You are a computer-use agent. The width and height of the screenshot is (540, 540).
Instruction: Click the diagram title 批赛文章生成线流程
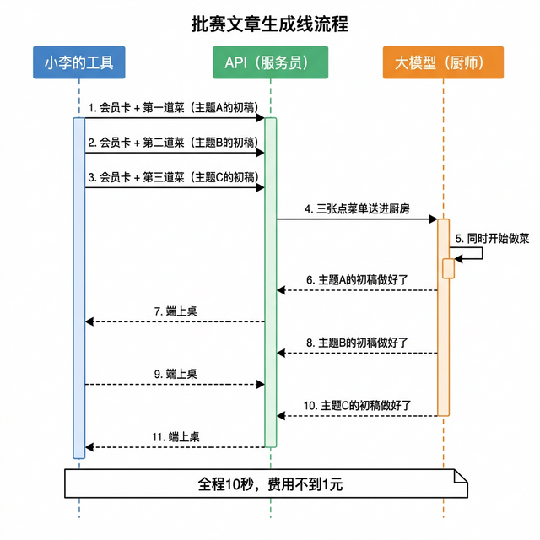pos(270,24)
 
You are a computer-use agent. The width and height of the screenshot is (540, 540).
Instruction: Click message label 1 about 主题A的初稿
pos(173,107)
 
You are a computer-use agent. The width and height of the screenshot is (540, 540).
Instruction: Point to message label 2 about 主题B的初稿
pos(173,143)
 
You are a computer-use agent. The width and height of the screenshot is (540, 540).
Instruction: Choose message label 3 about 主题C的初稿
pos(173,177)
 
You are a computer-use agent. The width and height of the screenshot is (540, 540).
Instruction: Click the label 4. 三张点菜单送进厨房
pos(357,208)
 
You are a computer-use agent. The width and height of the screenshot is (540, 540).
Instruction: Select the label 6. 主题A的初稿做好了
pos(357,279)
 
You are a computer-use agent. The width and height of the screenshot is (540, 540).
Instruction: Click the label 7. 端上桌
pos(175,311)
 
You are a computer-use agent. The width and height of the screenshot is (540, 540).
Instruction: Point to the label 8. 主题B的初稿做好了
pos(357,343)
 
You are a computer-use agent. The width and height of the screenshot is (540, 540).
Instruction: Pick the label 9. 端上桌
pos(175,374)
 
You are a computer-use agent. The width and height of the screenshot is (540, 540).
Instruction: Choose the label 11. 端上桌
pos(175,437)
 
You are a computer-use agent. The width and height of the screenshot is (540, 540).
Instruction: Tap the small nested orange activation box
pos(449,267)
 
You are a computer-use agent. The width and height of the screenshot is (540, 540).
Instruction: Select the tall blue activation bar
pos(79,287)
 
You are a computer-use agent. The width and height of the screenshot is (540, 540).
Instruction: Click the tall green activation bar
pos(271,283)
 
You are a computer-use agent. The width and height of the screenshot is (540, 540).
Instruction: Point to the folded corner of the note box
pos(462,476)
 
